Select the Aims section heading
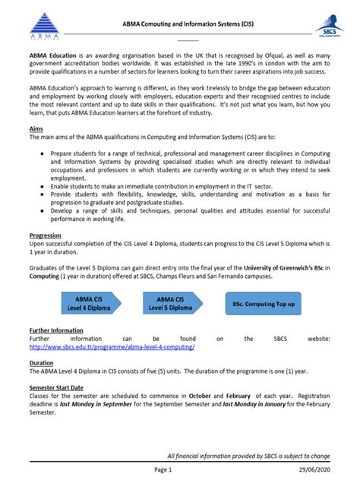click(36, 129)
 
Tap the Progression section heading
click(45, 235)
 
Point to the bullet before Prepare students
click(41, 153)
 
